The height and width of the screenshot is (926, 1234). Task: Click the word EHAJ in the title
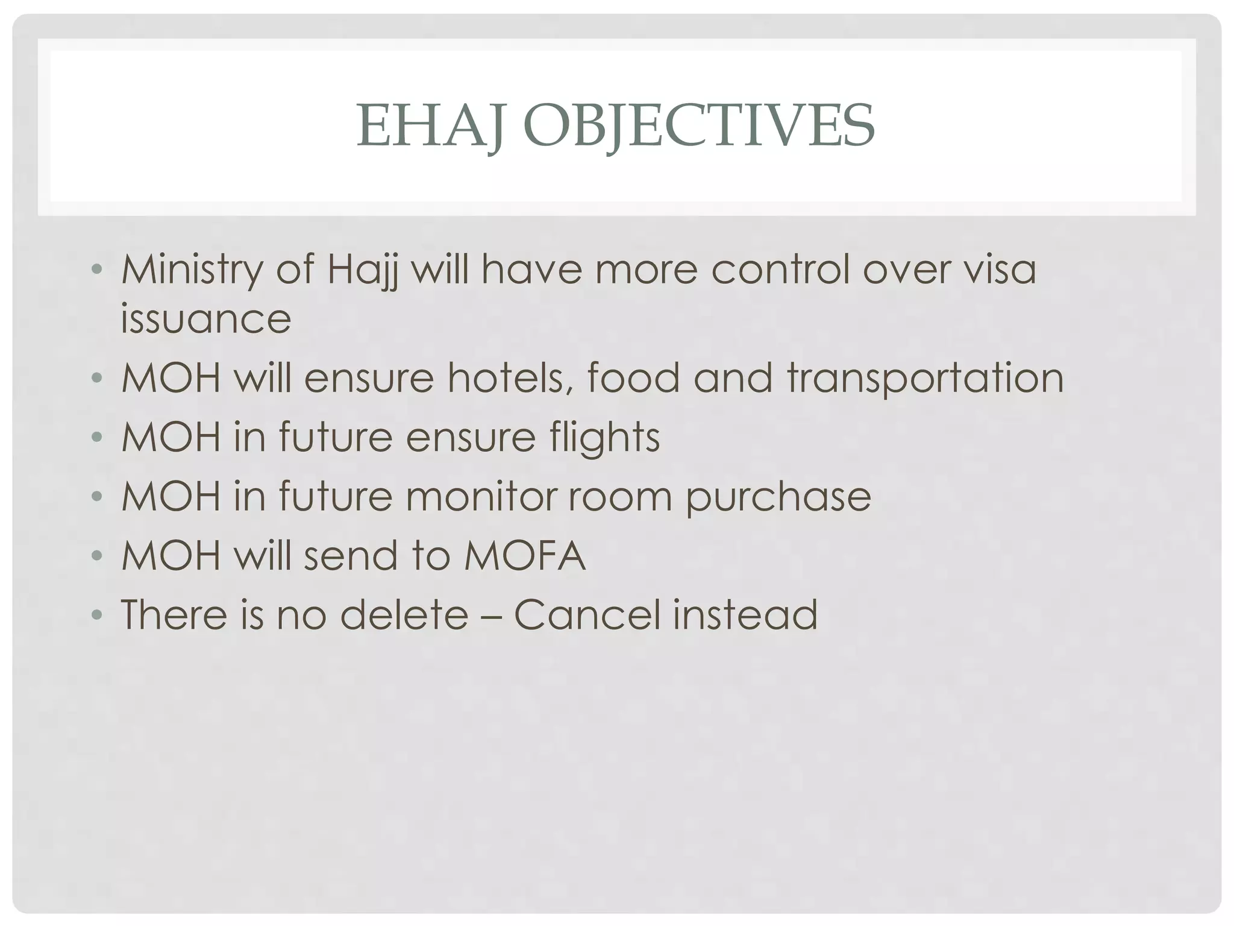(x=430, y=125)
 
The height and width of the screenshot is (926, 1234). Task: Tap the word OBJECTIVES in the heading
(x=698, y=125)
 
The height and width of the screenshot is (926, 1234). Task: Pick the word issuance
(x=206, y=318)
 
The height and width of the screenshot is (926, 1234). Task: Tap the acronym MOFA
(x=525, y=555)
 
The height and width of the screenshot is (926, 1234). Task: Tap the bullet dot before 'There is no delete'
(x=97, y=615)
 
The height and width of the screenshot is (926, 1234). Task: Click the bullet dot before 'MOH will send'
(x=97, y=556)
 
